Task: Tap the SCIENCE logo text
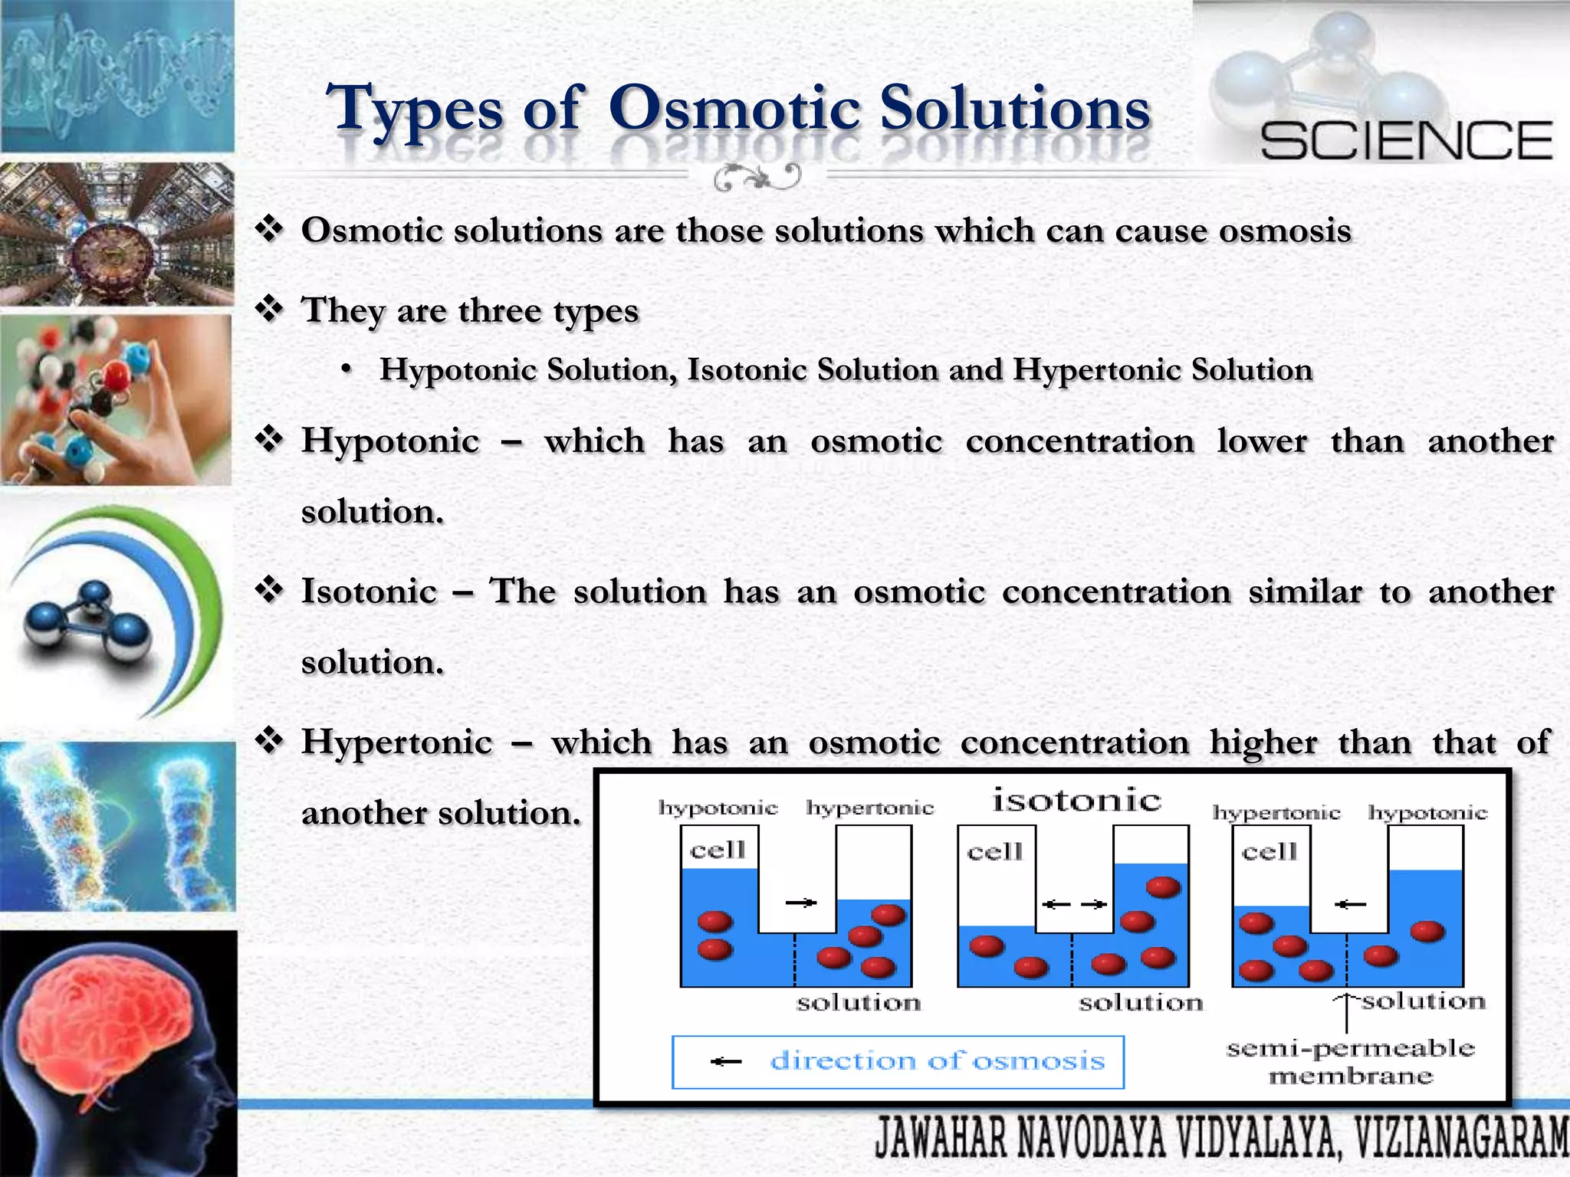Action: point(1406,141)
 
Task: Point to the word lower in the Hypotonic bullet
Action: point(1262,441)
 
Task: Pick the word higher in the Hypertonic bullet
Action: point(1263,743)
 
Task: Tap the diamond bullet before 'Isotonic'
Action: point(270,590)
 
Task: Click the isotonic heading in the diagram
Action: point(1076,800)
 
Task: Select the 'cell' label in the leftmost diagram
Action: point(718,850)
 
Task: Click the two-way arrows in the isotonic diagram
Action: point(1074,904)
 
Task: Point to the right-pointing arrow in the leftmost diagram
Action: point(801,903)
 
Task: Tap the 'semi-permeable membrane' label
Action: point(1350,1062)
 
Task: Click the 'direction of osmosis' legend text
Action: point(937,1061)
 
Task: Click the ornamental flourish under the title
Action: point(757,178)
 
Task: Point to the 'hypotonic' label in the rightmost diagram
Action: point(1427,812)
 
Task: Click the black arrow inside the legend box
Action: point(725,1061)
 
